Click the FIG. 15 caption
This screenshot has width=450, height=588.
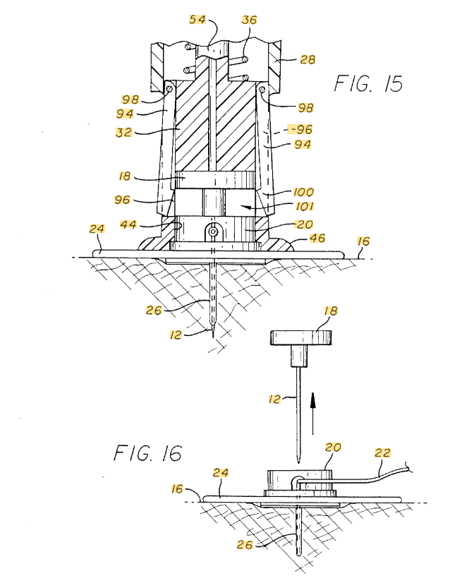(368, 83)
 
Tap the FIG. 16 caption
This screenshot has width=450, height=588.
(147, 453)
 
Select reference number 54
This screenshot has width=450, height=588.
(197, 19)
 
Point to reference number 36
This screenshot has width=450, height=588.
(249, 20)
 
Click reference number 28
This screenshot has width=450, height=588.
(308, 59)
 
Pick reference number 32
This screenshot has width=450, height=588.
(124, 132)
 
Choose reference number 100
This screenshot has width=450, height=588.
(303, 192)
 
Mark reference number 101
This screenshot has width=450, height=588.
(305, 206)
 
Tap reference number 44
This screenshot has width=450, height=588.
(128, 224)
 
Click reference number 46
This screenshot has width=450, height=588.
(317, 238)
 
